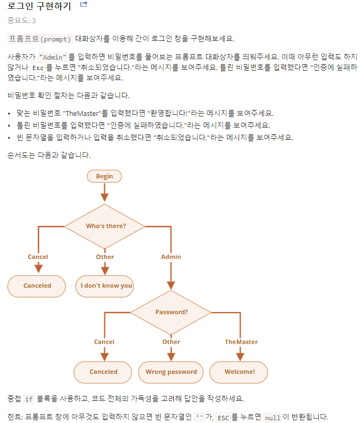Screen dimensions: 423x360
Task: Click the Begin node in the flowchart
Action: [x=104, y=176]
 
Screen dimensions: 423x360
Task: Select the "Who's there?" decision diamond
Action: [x=105, y=226]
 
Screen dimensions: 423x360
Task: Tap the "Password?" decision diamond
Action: [x=171, y=312]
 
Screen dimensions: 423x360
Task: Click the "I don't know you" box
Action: [x=107, y=285]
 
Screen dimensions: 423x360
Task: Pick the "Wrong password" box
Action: [x=171, y=372]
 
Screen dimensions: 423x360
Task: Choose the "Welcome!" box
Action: [x=240, y=372]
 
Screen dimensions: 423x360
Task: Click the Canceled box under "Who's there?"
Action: [x=37, y=285]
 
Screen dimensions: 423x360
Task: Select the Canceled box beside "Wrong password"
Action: [x=104, y=372]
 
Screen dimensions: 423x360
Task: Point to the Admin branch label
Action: [x=171, y=257]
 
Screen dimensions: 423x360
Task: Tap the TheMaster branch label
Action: [x=241, y=342]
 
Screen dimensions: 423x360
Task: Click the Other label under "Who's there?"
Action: [x=105, y=257]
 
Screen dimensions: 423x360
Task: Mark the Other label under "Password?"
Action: [x=171, y=342]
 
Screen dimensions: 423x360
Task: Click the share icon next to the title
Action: [x=84, y=4]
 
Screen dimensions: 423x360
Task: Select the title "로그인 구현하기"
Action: [x=39, y=6]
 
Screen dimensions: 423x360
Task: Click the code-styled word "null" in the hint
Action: [x=273, y=417]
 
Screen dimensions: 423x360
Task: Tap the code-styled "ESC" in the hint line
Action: [x=223, y=417]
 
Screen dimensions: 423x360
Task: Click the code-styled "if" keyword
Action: [x=30, y=399]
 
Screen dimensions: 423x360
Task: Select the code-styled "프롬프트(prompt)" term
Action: [x=40, y=39]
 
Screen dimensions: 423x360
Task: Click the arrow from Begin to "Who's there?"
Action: [x=104, y=193]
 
